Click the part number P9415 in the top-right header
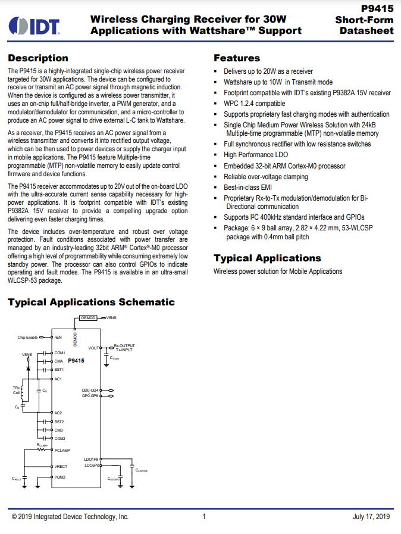point(378,9)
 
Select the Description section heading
point(37,58)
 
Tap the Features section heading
point(237,58)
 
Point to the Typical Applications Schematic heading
point(91,302)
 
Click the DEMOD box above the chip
point(88,318)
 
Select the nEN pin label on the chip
point(58,338)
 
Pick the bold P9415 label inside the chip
point(76,361)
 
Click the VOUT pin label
point(94,348)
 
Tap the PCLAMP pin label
point(62,451)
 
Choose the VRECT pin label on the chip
point(61,467)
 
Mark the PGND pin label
point(60,477)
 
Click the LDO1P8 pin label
point(92,460)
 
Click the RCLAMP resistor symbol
point(42,450)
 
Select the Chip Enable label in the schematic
point(27,338)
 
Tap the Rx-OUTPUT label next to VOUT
point(124,345)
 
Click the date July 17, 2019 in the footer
point(371,517)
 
